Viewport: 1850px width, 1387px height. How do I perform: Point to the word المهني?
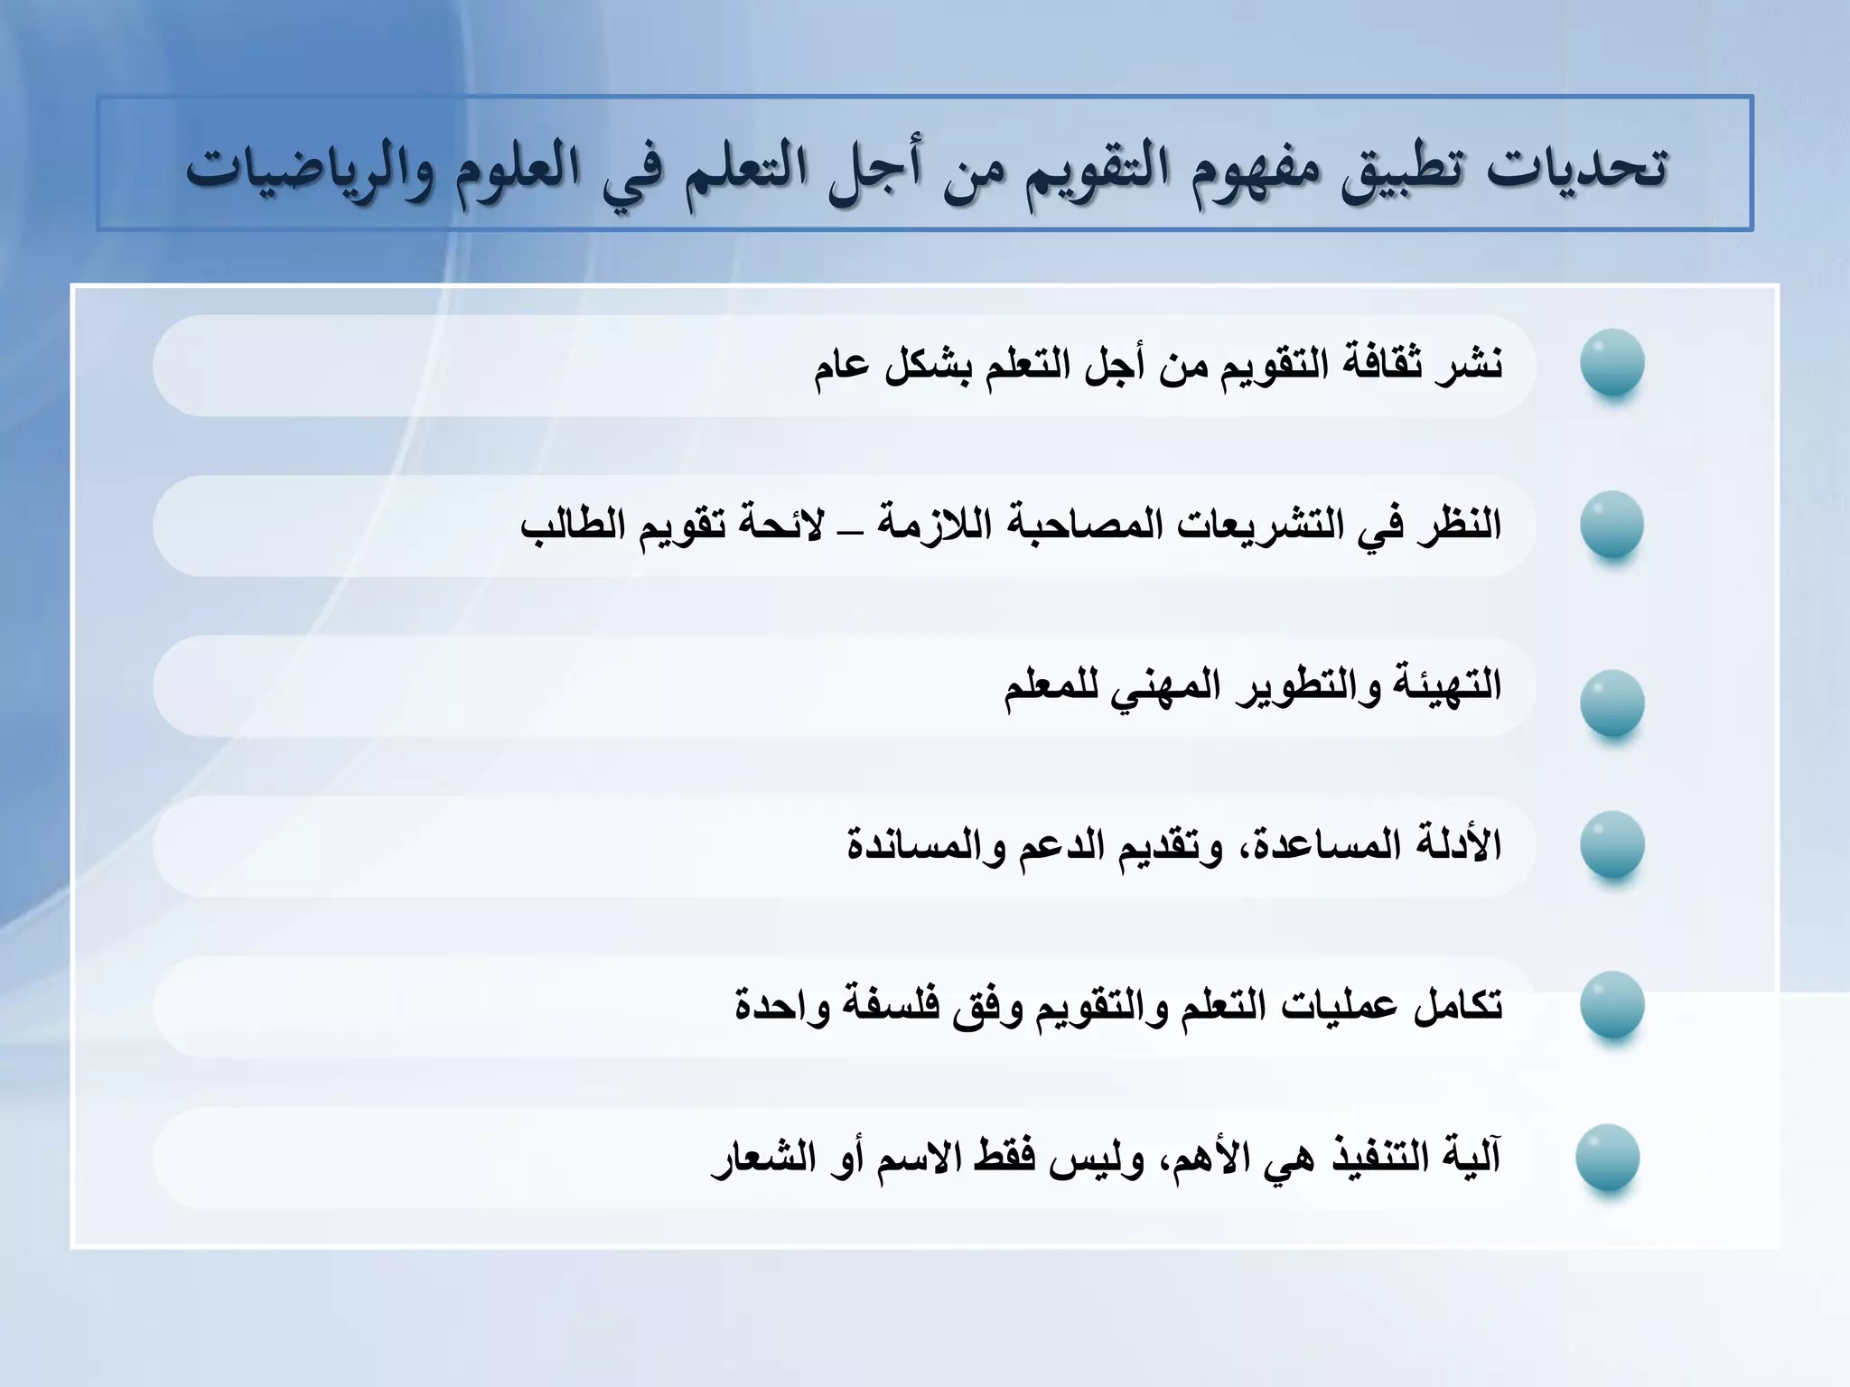click(x=1179, y=687)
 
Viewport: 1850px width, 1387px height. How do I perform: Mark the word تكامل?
click(x=1456, y=1005)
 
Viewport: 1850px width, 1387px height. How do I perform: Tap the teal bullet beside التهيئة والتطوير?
click(x=1612, y=702)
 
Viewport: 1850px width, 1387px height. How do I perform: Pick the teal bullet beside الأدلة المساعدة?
click(x=1612, y=843)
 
